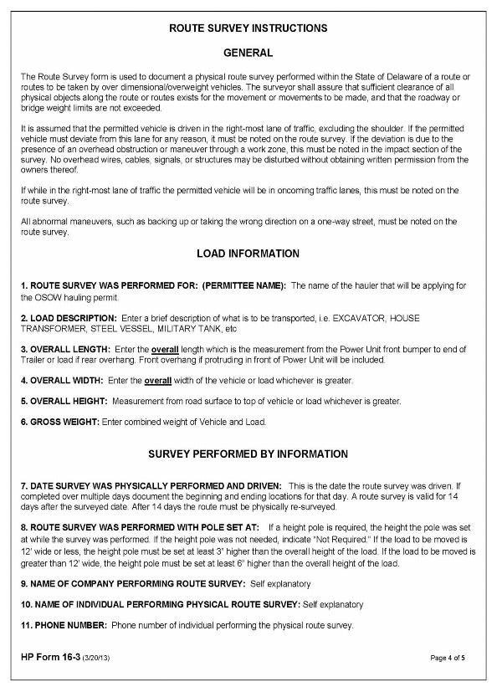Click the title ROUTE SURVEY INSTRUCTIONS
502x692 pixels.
point(248,28)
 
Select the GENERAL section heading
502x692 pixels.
point(248,53)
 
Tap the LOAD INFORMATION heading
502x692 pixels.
point(248,254)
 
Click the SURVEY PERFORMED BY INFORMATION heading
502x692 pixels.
point(248,454)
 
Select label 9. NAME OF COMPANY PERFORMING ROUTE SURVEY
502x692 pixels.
point(128,582)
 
